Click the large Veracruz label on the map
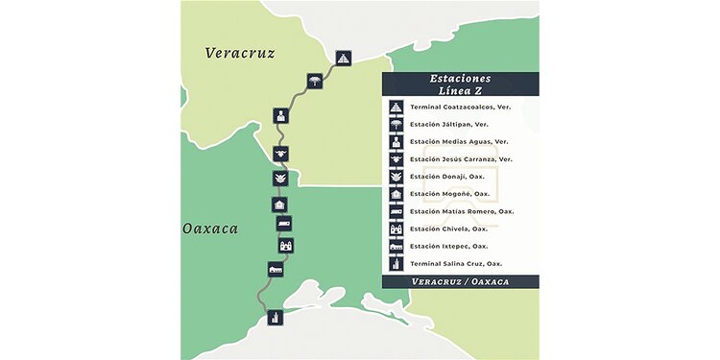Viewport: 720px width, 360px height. (x=240, y=53)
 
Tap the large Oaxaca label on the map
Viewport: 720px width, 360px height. (x=210, y=229)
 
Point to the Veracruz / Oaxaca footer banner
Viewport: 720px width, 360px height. (x=460, y=281)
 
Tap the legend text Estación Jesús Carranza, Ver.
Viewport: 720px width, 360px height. (x=461, y=158)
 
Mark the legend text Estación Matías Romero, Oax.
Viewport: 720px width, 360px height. (x=461, y=211)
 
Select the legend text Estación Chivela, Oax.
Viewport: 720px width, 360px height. (x=446, y=228)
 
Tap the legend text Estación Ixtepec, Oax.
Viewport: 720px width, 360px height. (x=446, y=246)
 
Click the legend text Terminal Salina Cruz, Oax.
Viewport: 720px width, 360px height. (x=456, y=263)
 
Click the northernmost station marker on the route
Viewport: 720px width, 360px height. (x=344, y=59)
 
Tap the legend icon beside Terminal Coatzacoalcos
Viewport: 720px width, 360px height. (x=395, y=107)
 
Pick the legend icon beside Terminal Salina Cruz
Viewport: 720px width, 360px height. (x=395, y=263)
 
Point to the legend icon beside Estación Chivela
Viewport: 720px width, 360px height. (x=395, y=228)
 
